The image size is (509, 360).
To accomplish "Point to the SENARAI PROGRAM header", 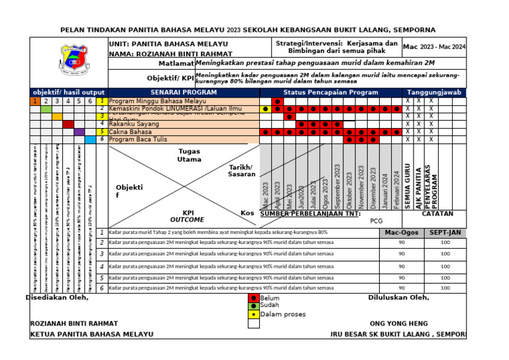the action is pos(184,93).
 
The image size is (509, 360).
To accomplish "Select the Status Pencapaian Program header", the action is pos(331,93).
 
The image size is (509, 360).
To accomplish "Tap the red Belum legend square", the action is pos(253,298).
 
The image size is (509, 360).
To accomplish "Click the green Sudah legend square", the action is pos(253,306).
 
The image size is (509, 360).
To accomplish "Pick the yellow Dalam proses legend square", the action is pos(253,314).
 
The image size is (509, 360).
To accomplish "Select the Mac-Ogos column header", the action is pos(402,233).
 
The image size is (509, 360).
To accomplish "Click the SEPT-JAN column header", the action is pos(445,233).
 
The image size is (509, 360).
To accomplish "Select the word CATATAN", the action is pos(437,214).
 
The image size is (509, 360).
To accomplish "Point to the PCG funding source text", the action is pos(377,221).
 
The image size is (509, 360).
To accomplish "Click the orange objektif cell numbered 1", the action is pos(34,101).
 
